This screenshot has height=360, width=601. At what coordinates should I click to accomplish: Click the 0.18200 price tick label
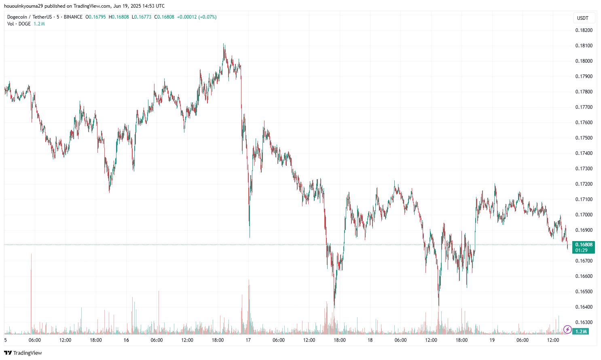click(x=584, y=30)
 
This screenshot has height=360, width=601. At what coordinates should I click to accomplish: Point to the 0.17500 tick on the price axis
click(x=584, y=138)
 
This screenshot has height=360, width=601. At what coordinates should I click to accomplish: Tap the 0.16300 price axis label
click(x=584, y=322)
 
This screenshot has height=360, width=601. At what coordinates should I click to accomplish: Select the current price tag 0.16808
click(x=584, y=245)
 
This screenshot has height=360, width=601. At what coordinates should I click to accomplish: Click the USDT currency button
click(x=582, y=18)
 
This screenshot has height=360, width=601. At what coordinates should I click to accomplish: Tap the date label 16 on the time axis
click(x=126, y=340)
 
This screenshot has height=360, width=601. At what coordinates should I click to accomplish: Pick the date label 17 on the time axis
click(x=248, y=340)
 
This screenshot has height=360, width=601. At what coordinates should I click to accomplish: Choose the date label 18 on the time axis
click(x=370, y=340)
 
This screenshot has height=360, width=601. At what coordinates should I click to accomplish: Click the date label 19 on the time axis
click(x=492, y=340)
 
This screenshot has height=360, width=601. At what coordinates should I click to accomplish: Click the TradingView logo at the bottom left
click(x=23, y=353)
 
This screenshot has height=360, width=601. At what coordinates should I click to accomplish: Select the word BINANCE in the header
click(x=73, y=17)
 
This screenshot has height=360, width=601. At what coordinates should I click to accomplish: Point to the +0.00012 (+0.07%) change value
click(x=197, y=17)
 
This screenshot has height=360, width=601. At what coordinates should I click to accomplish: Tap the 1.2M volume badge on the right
click(x=581, y=332)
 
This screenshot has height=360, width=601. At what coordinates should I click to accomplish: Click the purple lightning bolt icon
click(x=567, y=330)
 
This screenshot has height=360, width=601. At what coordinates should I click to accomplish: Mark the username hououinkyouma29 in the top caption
click(x=23, y=6)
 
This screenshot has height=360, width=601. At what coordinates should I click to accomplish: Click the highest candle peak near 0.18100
click(x=224, y=45)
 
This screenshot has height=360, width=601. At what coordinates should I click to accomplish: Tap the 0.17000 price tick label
click(x=584, y=215)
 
